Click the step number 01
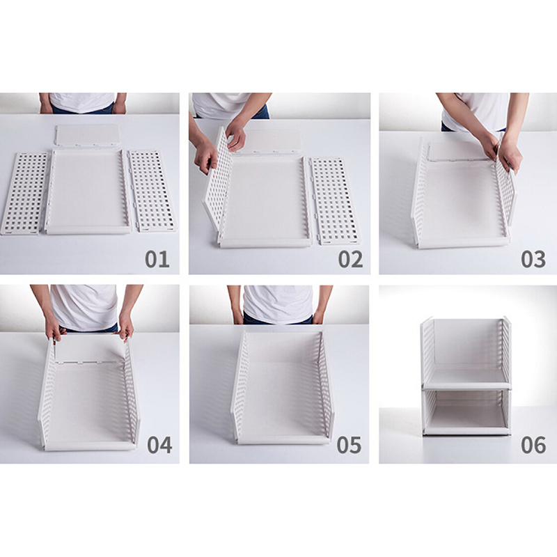(x=157, y=259)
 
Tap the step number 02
(x=350, y=259)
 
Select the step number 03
(x=533, y=259)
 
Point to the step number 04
(x=159, y=445)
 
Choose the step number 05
(x=349, y=445)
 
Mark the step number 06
(x=533, y=445)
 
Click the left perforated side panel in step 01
(x=24, y=194)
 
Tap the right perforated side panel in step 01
(x=152, y=190)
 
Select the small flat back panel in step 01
(x=88, y=134)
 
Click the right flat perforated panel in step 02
(x=336, y=201)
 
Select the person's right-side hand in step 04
(x=126, y=325)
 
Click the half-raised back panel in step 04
(x=90, y=349)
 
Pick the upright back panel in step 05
(x=283, y=347)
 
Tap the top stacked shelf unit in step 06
(x=466, y=353)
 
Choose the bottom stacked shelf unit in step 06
(x=466, y=412)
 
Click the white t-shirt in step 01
(x=82, y=102)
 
